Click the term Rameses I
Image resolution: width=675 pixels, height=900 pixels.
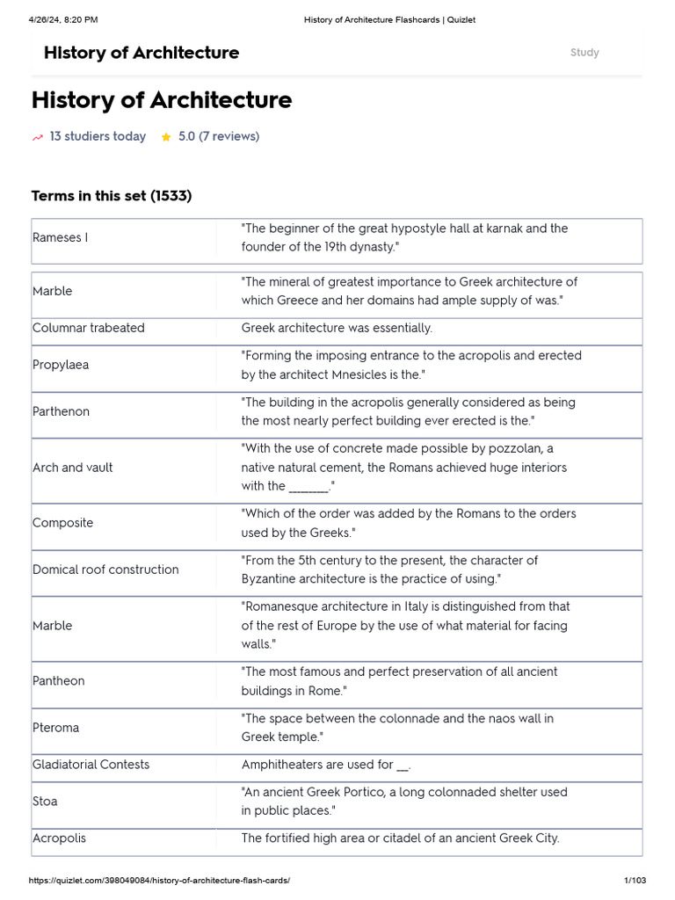60,237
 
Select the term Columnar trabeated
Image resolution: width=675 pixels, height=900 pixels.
88,328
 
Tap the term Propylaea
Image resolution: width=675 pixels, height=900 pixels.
61,365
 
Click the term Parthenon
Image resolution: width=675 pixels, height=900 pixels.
61,411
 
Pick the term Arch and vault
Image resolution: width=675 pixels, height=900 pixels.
72,468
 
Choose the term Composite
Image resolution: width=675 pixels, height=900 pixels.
62,523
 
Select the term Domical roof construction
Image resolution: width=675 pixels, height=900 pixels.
105,570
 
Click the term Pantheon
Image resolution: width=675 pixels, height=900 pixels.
59,681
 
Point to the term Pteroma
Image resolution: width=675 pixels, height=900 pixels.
55,728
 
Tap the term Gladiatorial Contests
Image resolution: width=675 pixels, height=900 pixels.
91,765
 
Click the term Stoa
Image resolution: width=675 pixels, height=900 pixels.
45,802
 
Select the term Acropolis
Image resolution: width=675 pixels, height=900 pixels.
59,838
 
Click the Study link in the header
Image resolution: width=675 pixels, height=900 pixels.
584,53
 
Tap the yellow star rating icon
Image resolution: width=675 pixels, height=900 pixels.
166,137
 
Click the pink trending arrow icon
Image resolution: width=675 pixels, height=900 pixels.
38,137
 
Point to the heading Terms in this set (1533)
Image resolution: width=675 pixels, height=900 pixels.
112,195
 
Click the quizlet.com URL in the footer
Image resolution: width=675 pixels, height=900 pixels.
159,881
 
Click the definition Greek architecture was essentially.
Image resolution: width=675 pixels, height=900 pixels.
337,328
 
